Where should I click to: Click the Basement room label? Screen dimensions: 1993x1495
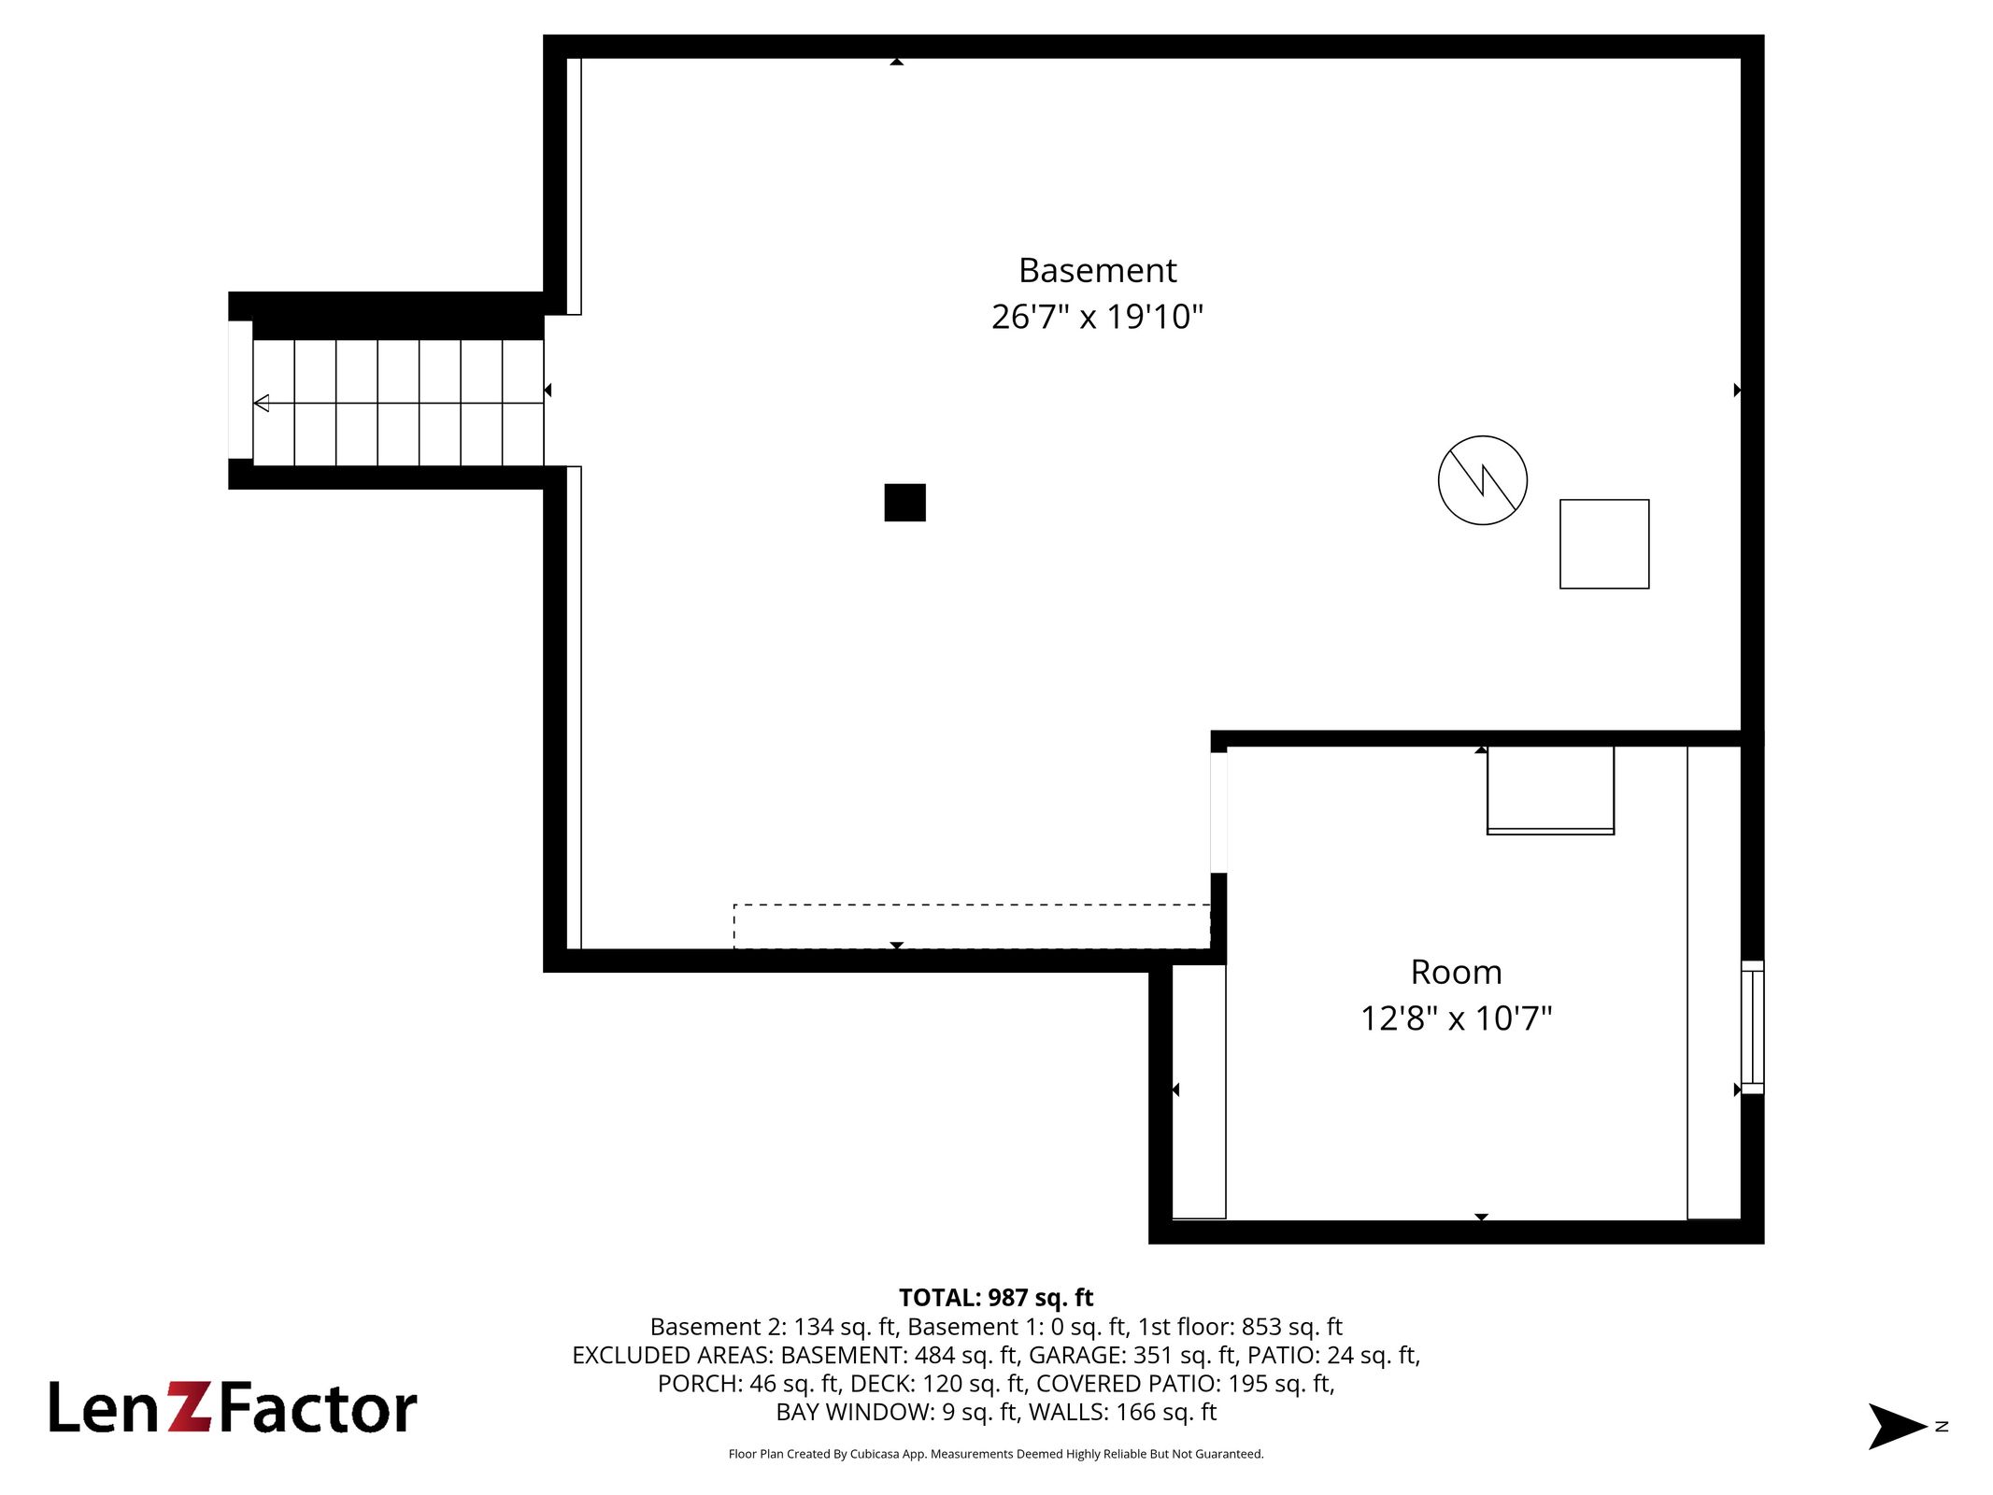tap(1097, 270)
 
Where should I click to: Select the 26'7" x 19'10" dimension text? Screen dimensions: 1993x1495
tap(1097, 317)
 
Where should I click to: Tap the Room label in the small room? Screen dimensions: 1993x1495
tap(1456, 972)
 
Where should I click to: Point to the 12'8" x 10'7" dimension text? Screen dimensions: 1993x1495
tap(1456, 1018)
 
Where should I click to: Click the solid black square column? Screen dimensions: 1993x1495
tap(904, 502)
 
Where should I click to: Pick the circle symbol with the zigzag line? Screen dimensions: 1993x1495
tap(1482, 480)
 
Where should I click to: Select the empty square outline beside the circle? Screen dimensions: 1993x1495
tap(1604, 544)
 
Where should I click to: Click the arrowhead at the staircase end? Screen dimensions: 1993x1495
tap(262, 403)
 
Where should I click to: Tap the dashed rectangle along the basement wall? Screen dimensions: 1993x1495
tap(972, 926)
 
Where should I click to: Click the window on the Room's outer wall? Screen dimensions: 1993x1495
tap(1752, 1027)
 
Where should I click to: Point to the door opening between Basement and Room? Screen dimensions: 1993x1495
tap(1218, 812)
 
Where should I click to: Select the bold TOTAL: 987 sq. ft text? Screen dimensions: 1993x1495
tap(996, 1298)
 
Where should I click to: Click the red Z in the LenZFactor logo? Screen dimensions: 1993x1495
tap(192, 1407)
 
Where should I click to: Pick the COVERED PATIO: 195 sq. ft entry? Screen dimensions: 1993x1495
tap(1185, 1384)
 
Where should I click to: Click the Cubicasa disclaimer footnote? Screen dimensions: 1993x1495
tap(996, 1454)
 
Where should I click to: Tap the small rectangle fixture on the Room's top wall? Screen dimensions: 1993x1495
tap(1550, 790)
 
